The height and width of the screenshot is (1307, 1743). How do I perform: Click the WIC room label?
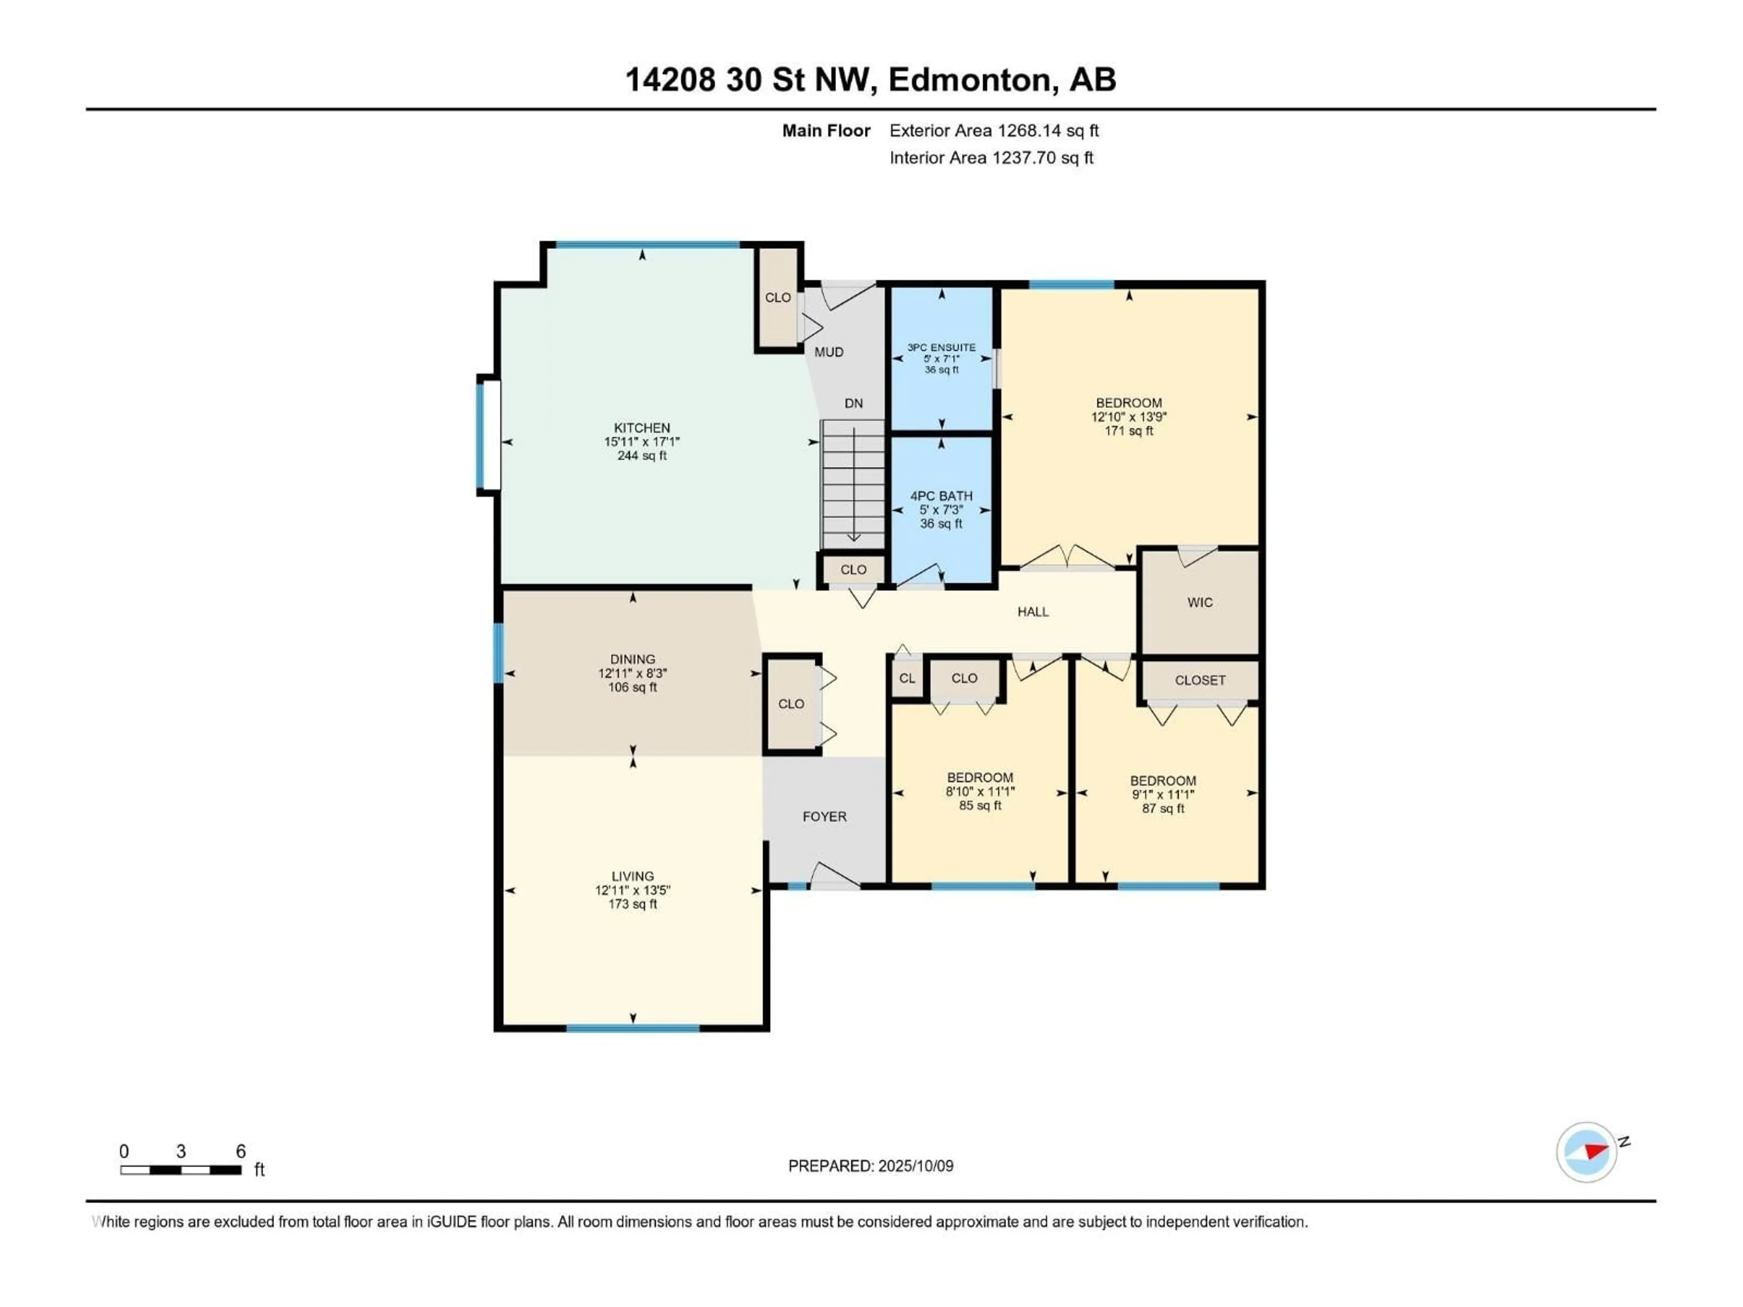click(1199, 603)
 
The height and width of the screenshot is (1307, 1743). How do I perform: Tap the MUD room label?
click(828, 352)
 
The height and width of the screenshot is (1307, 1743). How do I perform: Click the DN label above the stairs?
click(853, 403)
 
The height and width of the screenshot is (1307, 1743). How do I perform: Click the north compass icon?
click(1586, 1152)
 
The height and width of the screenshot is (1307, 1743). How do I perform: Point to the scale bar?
click(181, 1170)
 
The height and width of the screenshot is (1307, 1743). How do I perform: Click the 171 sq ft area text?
click(1128, 431)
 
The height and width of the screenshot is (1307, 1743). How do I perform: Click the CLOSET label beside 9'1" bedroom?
click(1199, 680)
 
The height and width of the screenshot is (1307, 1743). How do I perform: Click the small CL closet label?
click(907, 678)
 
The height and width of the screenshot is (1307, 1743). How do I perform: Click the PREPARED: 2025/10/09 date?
click(870, 1166)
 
